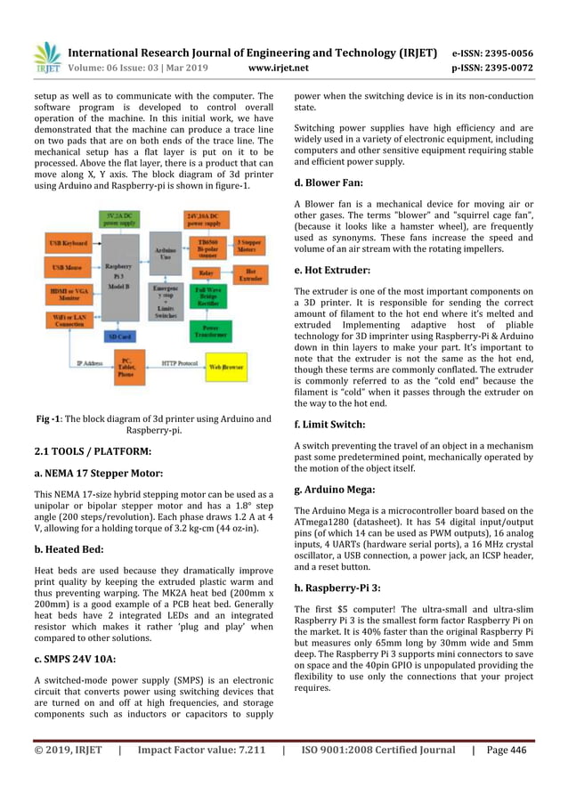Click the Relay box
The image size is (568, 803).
coord(206,272)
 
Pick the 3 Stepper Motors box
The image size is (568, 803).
coord(250,246)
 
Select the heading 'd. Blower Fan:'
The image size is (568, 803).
coord(332,183)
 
